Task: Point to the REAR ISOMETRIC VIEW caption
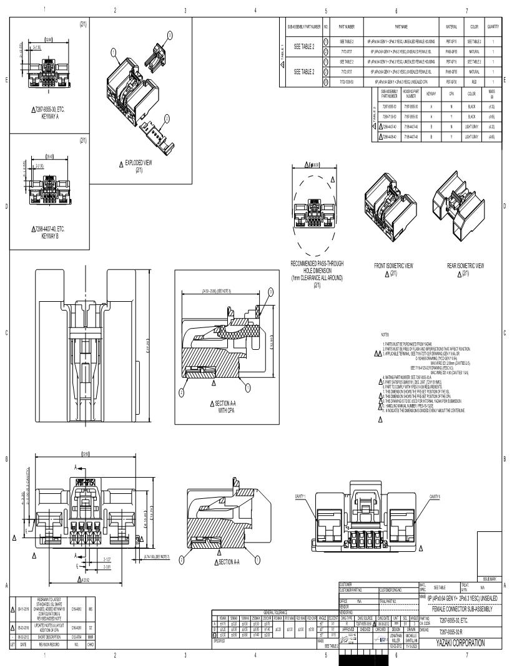coord(465,266)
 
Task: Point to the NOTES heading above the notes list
coord(384,335)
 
